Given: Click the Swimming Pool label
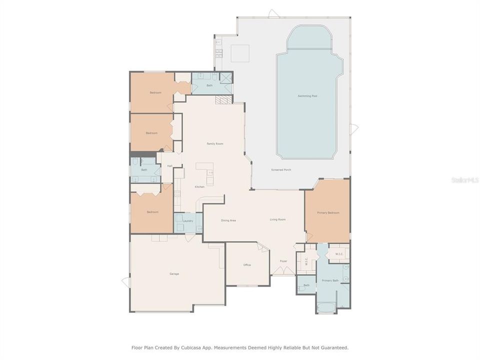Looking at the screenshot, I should pyautogui.click(x=307, y=95).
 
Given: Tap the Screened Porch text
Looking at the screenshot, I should pyautogui.click(x=281, y=170).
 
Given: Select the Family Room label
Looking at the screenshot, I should pyautogui.click(x=215, y=143).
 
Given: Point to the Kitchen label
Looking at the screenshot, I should pyautogui.click(x=199, y=187).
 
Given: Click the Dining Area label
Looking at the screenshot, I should pyautogui.click(x=228, y=220).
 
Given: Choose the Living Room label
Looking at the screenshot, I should pyautogui.click(x=277, y=219).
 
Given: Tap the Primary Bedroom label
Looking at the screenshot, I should pyautogui.click(x=328, y=213).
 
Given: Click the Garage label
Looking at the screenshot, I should pyautogui.click(x=174, y=273).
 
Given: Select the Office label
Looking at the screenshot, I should pyautogui.click(x=247, y=265).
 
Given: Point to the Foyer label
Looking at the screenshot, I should pyautogui.click(x=283, y=261).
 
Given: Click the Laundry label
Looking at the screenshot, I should pyautogui.click(x=188, y=220).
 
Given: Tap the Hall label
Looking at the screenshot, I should pyautogui.click(x=169, y=166).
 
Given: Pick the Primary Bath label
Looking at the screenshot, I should pyautogui.click(x=330, y=280).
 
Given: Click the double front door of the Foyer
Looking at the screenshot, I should pyautogui.click(x=283, y=271).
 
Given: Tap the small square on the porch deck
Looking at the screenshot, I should pyautogui.click(x=240, y=53).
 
